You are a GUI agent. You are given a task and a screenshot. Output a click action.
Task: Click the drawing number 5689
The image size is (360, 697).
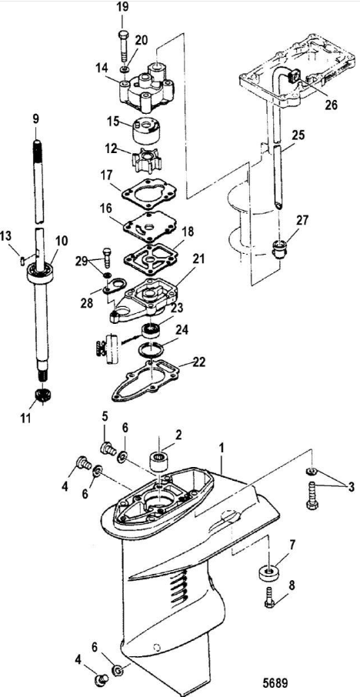click(275, 682)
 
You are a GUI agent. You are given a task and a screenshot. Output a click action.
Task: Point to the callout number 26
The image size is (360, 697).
click(331, 105)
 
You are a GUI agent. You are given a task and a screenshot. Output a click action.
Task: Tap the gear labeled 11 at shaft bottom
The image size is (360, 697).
click(42, 395)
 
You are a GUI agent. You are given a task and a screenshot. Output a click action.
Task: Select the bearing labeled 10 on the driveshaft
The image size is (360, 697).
click(41, 272)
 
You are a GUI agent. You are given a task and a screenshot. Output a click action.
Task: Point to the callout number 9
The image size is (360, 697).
click(36, 119)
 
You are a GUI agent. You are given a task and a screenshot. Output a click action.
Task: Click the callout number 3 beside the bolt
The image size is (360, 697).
click(351, 487)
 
